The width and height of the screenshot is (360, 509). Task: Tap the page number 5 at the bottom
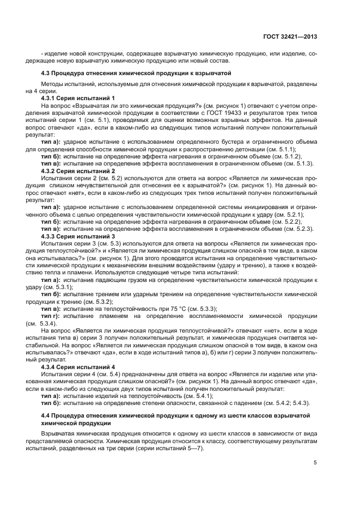[315, 463]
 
